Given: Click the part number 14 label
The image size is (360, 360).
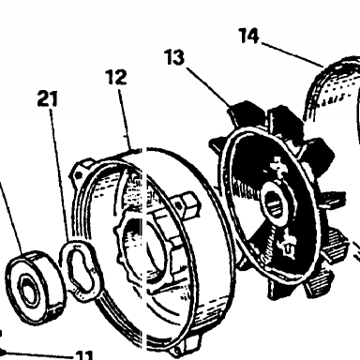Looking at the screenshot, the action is tap(249, 36).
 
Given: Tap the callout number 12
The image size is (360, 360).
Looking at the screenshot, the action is tap(117, 77).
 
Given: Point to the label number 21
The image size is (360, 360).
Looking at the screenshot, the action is tap(48, 98).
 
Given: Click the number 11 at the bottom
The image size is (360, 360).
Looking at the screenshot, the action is tap(84, 355).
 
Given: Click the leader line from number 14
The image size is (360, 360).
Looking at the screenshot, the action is tap(292, 54).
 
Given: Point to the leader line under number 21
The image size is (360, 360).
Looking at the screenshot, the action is tap(59, 175).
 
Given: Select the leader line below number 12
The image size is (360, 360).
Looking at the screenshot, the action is tap(125, 118).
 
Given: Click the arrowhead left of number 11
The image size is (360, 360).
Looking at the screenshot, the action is tap(3, 352).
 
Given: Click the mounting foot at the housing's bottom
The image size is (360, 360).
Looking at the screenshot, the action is tap(185, 346).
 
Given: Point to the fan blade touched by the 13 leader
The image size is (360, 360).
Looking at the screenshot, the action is tap(243, 114).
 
